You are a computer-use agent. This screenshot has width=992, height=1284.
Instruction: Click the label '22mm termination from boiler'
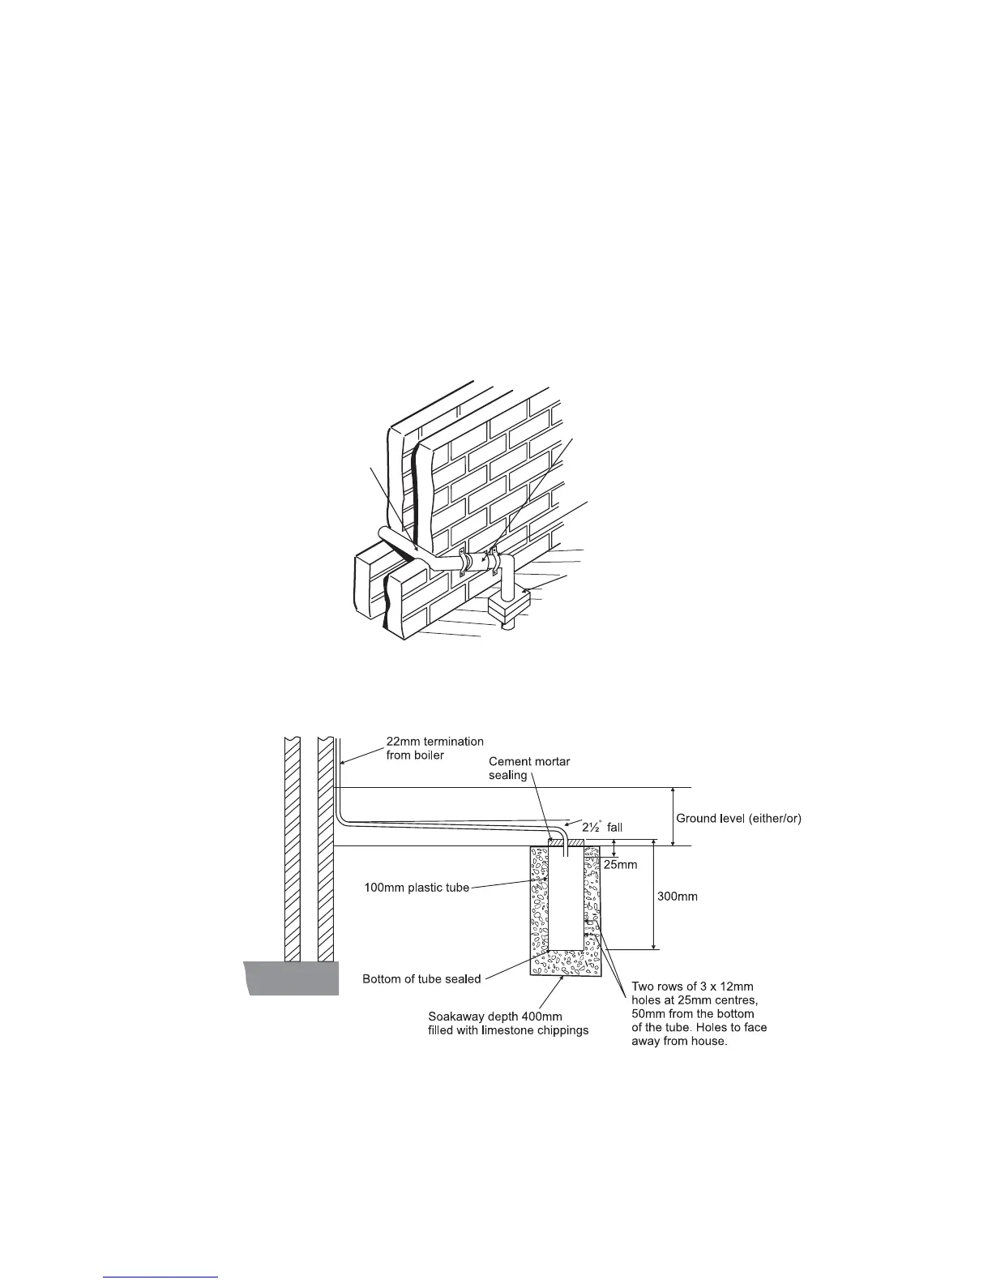tap(434, 748)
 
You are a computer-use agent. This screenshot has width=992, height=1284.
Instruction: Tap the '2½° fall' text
tap(602, 827)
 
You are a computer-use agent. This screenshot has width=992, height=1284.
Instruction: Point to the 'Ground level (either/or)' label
tap(738, 818)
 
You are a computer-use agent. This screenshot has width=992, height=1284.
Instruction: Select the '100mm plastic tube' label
tap(417, 888)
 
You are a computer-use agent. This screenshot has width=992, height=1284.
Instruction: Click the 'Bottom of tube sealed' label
tap(421, 978)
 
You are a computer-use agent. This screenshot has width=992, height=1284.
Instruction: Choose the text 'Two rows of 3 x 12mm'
tap(692, 986)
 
